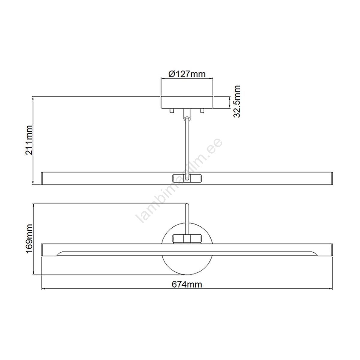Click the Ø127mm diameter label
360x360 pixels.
click(x=187, y=74)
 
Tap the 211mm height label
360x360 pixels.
click(x=29, y=140)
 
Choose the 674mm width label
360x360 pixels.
click(x=187, y=284)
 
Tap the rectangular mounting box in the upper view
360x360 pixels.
click(x=187, y=102)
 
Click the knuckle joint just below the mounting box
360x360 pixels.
click(x=187, y=115)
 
